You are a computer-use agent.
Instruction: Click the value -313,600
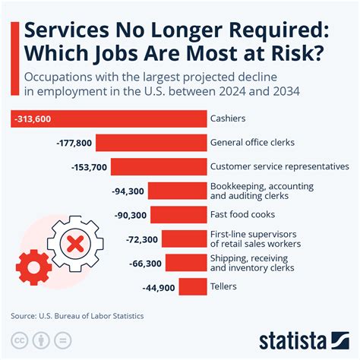[37, 119]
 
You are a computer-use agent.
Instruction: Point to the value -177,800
[74, 143]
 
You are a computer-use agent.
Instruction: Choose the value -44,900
[158, 287]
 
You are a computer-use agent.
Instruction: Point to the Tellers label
[224, 287]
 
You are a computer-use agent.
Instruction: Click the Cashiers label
[229, 119]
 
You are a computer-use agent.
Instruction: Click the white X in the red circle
[74, 245]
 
